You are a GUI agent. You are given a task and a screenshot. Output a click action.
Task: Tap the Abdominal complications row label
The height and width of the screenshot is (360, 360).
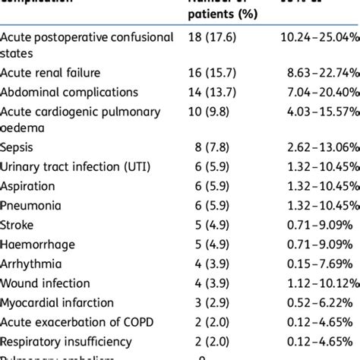coord(70,92)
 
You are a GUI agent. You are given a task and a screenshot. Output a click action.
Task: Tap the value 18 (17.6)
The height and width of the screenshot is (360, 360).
coord(217,37)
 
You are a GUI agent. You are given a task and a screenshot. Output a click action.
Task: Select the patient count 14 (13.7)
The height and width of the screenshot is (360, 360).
coord(217,92)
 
